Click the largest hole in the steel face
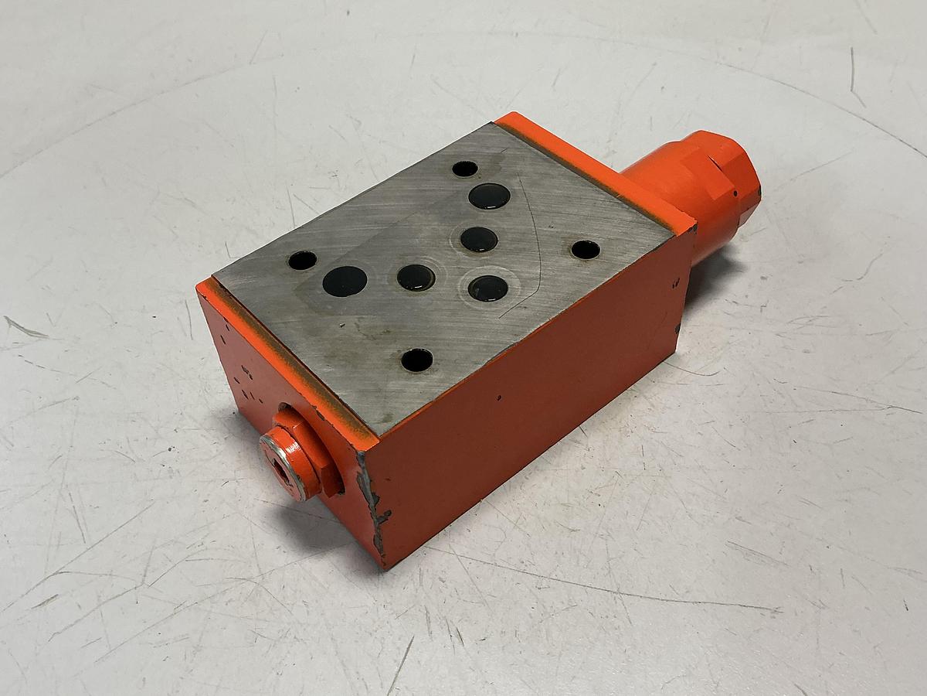345,281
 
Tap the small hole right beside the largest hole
302,261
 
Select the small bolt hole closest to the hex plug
416,360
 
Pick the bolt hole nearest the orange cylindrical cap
585,250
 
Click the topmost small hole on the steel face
464,169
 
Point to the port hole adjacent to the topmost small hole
489,196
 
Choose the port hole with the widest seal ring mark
488,288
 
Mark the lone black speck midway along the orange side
499,398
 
